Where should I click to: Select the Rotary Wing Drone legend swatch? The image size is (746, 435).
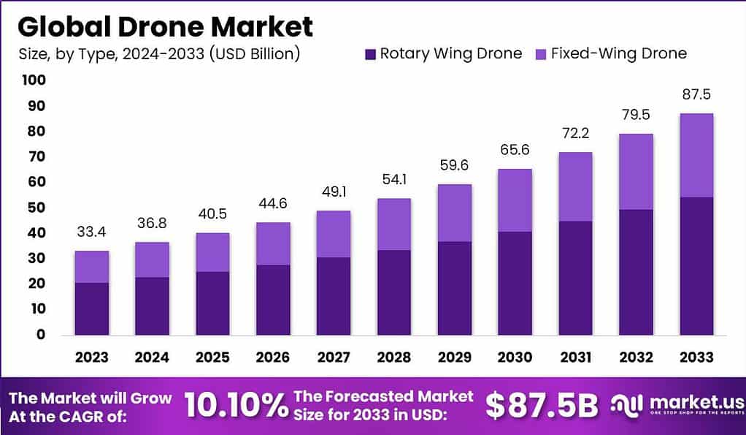370,53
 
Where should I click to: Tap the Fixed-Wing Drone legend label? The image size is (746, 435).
618,53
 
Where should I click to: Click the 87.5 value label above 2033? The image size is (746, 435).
696,95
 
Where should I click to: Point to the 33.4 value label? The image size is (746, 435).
91,232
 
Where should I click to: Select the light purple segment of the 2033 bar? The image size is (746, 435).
696,155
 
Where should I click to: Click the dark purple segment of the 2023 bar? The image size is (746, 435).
91,309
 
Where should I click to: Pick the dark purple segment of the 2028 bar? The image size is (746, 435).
393,292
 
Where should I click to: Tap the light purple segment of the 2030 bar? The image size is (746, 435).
515,200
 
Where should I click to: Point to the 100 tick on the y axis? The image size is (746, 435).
33,80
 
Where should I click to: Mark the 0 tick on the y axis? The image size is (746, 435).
40,335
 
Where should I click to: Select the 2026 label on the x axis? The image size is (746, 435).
272,358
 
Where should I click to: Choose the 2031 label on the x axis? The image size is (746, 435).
574,358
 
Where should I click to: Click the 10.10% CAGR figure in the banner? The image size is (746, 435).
235,406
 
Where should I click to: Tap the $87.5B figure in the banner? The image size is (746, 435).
542,406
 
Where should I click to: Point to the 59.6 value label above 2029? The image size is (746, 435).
454,166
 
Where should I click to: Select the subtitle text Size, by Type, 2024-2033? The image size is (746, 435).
158,53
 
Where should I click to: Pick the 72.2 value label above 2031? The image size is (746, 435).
574,134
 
